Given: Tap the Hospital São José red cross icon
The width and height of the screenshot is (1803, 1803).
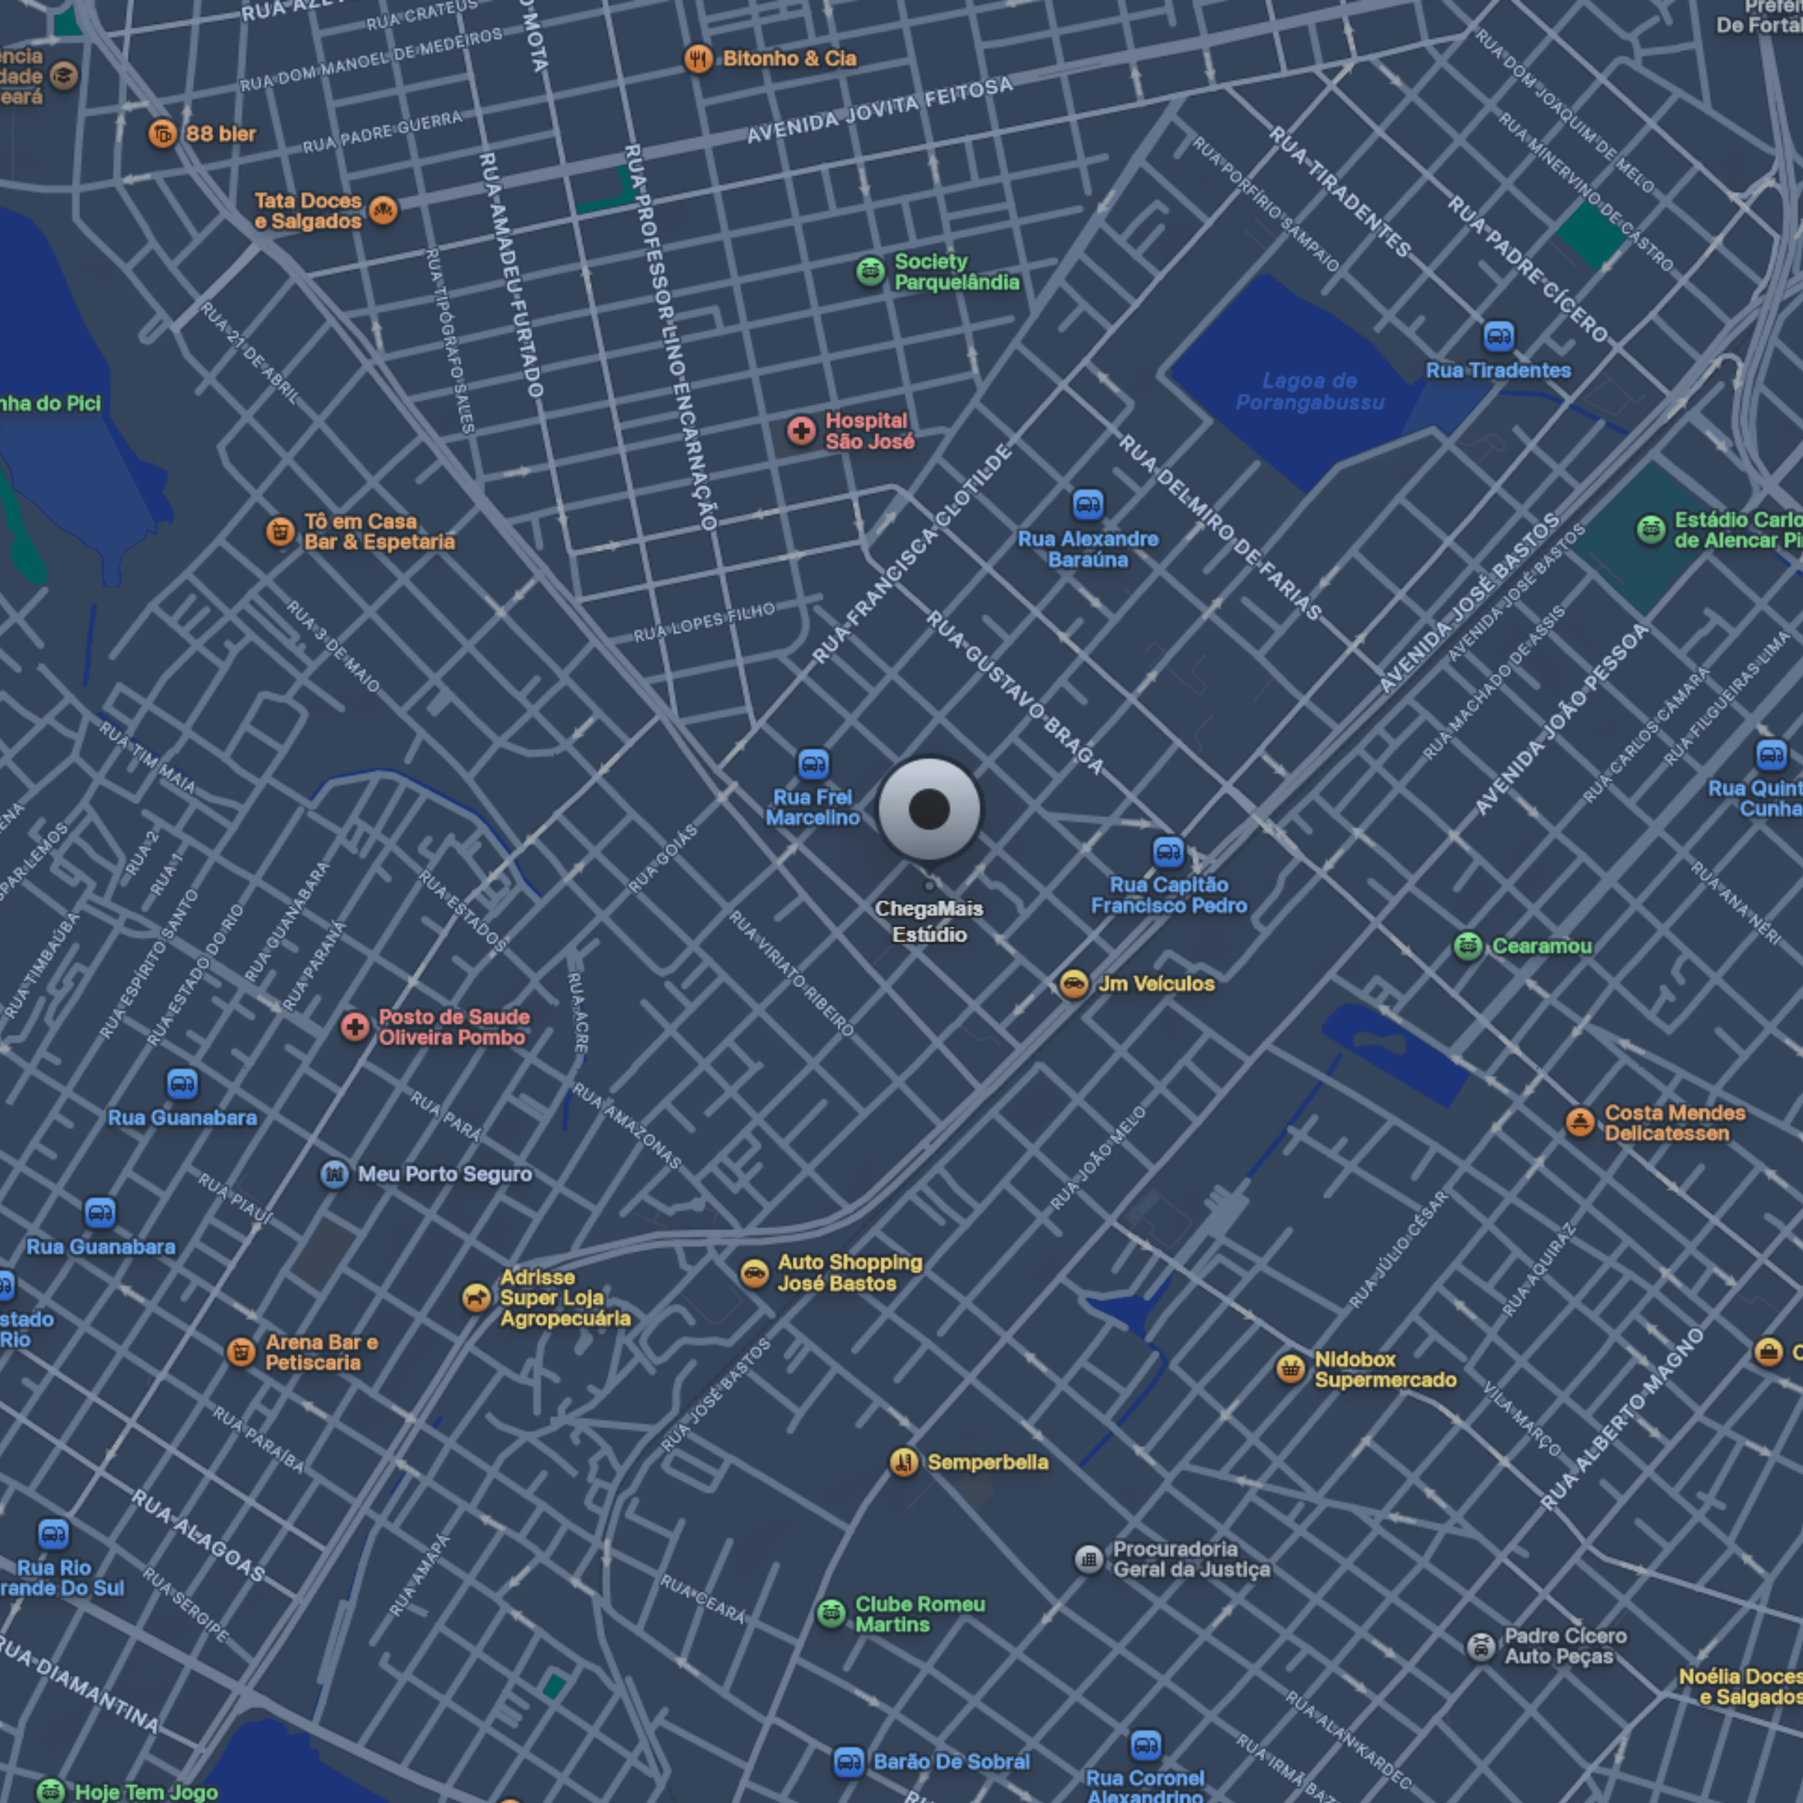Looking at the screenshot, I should pos(801,430).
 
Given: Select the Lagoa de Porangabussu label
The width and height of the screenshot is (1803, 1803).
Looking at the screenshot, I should pos(1309,392).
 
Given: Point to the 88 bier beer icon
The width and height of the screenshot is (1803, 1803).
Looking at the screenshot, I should pos(163,134).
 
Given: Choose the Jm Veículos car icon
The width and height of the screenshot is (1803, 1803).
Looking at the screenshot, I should pos(1073,984).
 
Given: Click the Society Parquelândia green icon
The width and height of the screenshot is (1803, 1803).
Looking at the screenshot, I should pos(870,272).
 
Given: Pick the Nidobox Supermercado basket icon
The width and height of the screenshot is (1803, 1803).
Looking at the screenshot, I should pos(1289,1369).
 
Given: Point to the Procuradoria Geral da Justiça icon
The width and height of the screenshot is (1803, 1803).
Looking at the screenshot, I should pos(1088,1558).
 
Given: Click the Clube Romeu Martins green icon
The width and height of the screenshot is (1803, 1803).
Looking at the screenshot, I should pos(831,1614).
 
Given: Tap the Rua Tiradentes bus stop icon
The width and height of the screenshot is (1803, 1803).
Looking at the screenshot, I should pos(1498,335).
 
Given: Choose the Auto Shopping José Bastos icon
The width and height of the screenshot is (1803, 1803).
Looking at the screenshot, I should pos(754,1273).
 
